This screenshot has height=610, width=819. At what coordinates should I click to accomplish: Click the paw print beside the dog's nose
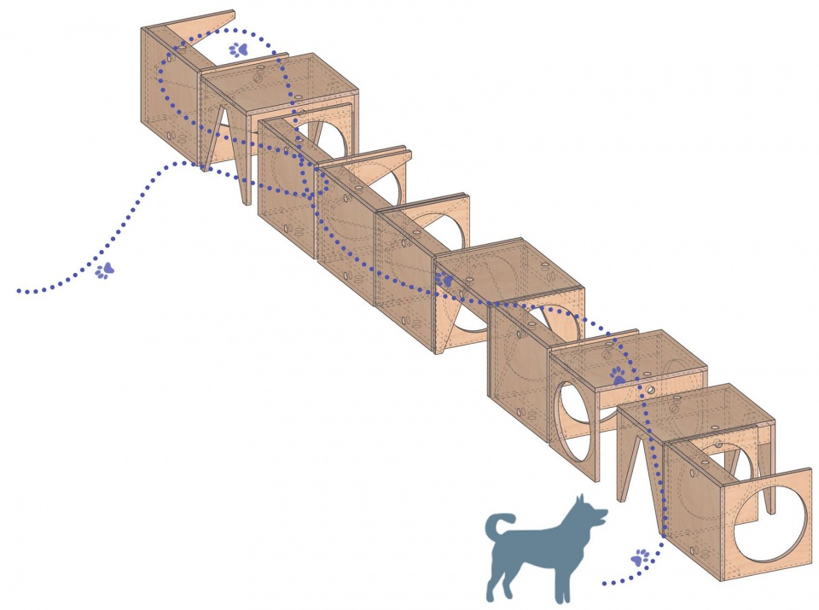pyautogui.click(x=640, y=559)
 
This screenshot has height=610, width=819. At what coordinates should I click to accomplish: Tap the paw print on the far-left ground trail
pyautogui.click(x=105, y=270)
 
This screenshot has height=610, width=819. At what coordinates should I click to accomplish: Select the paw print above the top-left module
pyautogui.click(x=239, y=49)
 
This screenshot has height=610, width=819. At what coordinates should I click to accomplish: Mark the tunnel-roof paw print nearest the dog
pyautogui.click(x=618, y=375)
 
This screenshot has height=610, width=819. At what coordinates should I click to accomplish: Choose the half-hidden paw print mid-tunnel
pyautogui.click(x=444, y=279)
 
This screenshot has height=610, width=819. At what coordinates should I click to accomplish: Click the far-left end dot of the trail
pyautogui.click(x=19, y=292)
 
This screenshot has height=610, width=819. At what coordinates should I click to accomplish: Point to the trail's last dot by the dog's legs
pyautogui.click(x=604, y=584)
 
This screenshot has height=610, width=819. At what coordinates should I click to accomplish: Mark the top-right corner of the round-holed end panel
pyautogui.click(x=809, y=470)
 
